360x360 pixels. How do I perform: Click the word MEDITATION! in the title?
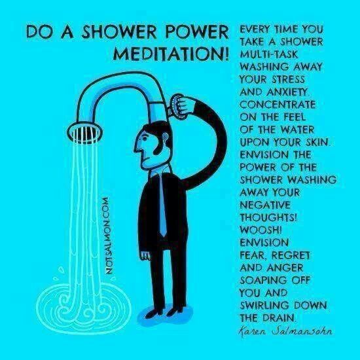point(171,54)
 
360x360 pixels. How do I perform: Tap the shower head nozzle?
point(84,132)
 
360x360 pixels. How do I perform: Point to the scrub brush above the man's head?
point(178,107)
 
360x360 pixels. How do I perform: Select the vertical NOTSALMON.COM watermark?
point(110,236)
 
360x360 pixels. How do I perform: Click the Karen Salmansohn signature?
point(285,331)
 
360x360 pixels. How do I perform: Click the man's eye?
point(145,139)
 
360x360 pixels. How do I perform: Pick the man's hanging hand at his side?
point(145,255)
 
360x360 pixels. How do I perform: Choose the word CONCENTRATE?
point(278,105)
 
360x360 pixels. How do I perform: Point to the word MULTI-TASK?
point(268,54)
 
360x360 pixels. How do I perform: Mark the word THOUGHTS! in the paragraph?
point(268,217)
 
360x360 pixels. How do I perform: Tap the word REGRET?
point(291,255)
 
